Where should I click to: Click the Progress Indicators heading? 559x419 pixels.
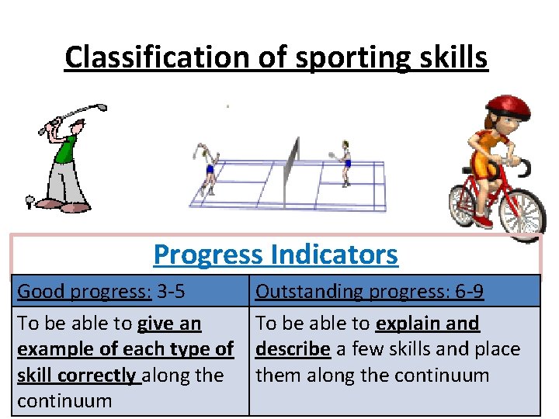pos(276,254)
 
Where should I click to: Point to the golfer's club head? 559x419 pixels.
pos(101,109)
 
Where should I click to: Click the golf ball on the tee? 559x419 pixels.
pos(30,201)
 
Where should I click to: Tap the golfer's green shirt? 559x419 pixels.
pos(67,148)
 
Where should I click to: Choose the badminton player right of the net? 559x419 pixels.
pos(344,161)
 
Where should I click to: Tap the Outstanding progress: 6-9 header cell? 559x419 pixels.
pos(370,292)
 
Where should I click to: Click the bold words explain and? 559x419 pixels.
pos(427,323)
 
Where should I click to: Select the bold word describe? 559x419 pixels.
pos(293,349)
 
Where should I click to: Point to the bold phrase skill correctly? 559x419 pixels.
pos(76,376)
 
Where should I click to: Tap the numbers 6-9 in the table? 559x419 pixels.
pos(467,292)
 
